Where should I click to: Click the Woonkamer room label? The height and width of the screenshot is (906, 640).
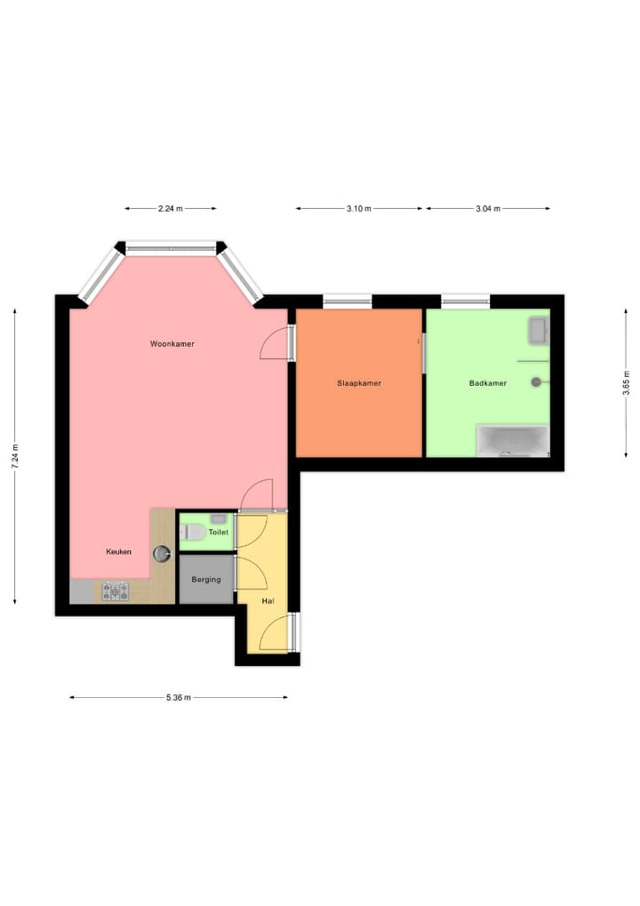click(172, 343)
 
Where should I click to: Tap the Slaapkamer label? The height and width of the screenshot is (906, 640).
click(359, 383)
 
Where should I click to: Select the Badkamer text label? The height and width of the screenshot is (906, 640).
click(488, 383)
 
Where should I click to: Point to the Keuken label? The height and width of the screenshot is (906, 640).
click(119, 551)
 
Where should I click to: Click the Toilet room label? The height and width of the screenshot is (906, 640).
click(218, 532)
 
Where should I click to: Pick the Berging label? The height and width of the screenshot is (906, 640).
click(206, 580)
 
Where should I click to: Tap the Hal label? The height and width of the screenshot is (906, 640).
click(268, 601)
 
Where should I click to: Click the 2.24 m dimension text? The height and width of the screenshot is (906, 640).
click(170, 209)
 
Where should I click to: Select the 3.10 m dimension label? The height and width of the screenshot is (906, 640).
click(359, 209)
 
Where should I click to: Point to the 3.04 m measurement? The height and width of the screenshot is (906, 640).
click(488, 209)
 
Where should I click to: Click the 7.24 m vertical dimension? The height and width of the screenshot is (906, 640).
click(15, 456)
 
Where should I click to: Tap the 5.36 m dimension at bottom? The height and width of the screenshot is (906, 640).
click(179, 698)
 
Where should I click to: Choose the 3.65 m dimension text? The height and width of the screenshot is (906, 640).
click(626, 383)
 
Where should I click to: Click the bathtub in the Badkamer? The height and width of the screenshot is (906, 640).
click(513, 440)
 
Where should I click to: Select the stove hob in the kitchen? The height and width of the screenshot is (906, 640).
click(116, 590)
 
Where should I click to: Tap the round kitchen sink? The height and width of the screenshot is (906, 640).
click(162, 553)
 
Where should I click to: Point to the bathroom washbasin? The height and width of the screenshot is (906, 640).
click(539, 330)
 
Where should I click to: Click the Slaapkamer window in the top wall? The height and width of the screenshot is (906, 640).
click(348, 302)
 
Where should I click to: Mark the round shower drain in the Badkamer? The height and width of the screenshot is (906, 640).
click(536, 382)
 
